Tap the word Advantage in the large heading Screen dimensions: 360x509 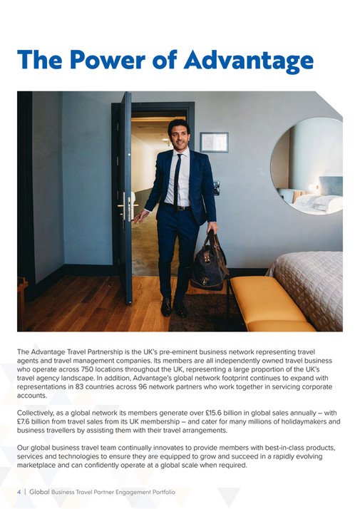click(248, 61)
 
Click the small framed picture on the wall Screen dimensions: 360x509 click(214, 142)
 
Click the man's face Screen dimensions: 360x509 click(178, 135)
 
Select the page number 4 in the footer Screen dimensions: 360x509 click(19, 492)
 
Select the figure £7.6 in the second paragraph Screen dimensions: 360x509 click(29, 422)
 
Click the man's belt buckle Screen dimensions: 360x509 click(178, 207)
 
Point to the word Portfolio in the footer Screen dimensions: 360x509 click(160, 492)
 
